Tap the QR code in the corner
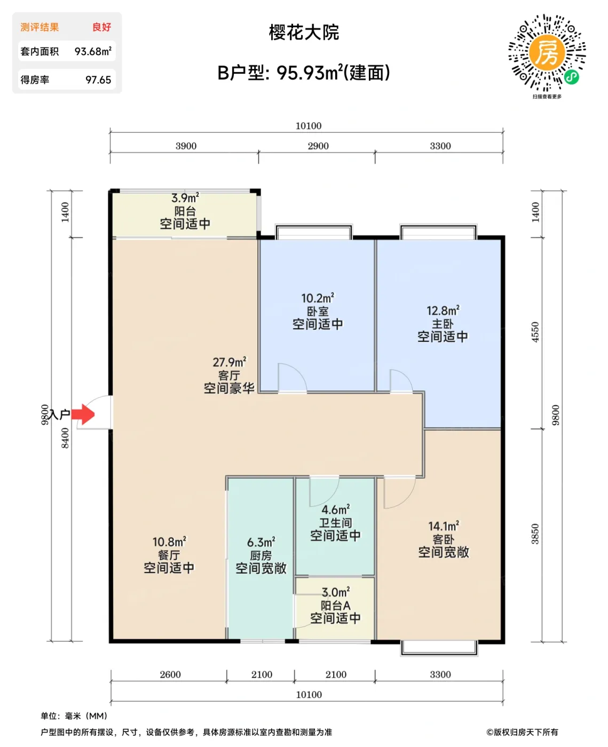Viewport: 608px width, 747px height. click(x=546, y=53)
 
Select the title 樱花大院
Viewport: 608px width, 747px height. click(x=304, y=33)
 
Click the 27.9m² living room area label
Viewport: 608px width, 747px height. click(x=229, y=362)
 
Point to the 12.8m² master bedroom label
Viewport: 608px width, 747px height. click(x=443, y=311)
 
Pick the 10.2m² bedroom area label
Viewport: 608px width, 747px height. click(x=318, y=298)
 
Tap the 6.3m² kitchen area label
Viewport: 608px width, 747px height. click(x=261, y=543)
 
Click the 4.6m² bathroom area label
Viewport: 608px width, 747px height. click(x=335, y=510)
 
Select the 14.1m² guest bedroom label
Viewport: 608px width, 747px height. click(x=444, y=527)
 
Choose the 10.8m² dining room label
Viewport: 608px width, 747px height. click(x=169, y=542)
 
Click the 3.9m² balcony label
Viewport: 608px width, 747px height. click(x=185, y=198)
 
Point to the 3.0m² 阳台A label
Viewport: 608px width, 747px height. click(x=335, y=592)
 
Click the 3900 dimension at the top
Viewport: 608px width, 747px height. click(x=186, y=146)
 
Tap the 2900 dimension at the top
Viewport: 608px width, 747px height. click(x=318, y=146)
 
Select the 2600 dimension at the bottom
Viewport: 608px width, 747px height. click(x=170, y=674)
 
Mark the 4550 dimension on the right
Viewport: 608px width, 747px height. click(x=535, y=332)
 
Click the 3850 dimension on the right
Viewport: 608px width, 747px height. click(x=535, y=534)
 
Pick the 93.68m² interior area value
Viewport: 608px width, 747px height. click(x=93, y=52)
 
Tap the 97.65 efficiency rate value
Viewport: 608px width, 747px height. click(x=98, y=80)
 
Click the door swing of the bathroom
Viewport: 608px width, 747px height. click(x=325, y=490)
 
